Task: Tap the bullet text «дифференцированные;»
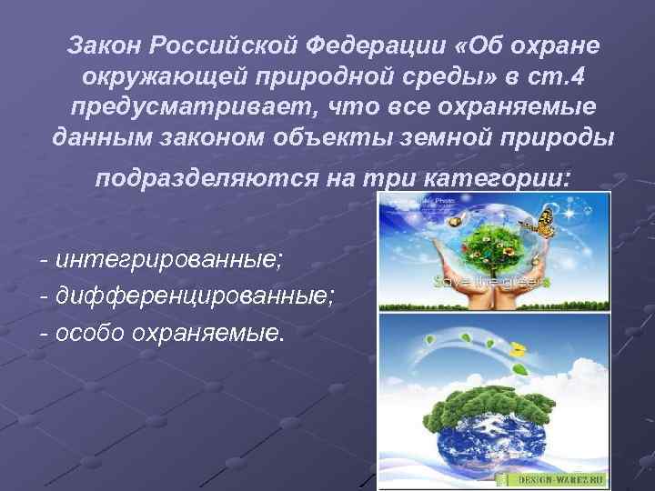coord(196,296)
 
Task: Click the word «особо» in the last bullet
coord(88,332)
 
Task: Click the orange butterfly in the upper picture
coord(544,221)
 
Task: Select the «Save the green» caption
coord(491,282)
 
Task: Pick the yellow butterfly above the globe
coord(519,348)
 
